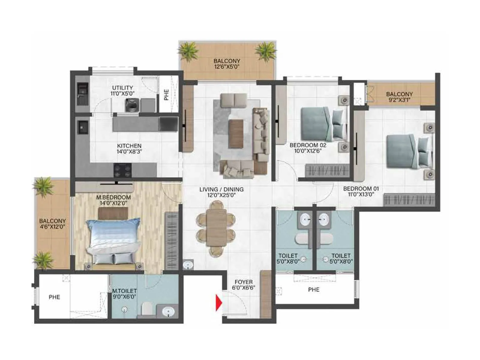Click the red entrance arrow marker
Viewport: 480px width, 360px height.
(x=219, y=303)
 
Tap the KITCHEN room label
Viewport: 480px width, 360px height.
(x=129, y=146)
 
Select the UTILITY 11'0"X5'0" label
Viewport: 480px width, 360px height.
(x=122, y=91)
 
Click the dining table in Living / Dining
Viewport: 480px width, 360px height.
(x=216, y=227)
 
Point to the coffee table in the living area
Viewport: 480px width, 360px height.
(x=236, y=133)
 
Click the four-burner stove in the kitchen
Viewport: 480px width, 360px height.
(x=123, y=170)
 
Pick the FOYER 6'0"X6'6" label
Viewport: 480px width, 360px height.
(x=243, y=285)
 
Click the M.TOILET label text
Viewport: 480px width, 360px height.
(x=124, y=291)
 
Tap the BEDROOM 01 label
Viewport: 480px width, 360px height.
(x=361, y=189)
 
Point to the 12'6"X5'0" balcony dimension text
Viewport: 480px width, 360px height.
(x=227, y=67)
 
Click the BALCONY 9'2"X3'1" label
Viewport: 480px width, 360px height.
(x=399, y=97)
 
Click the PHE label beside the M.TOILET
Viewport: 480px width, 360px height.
(x=54, y=297)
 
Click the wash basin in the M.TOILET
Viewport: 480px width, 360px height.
(x=168, y=312)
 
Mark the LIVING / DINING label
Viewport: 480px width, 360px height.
(x=221, y=189)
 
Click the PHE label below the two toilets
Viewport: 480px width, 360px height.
(x=314, y=289)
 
